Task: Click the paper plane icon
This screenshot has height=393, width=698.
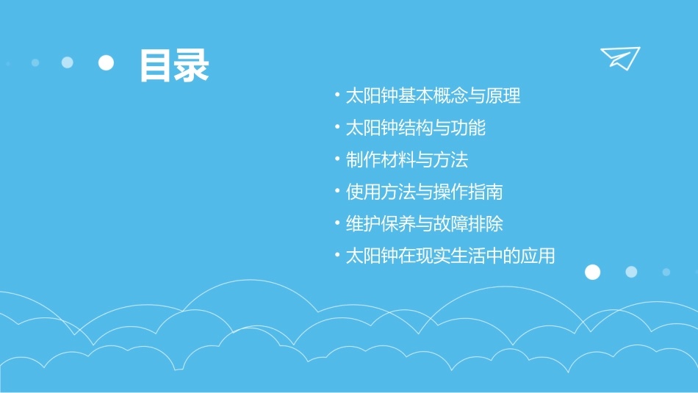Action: pyautogui.click(x=619, y=57)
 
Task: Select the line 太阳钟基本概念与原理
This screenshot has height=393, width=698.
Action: pyautogui.click(x=433, y=96)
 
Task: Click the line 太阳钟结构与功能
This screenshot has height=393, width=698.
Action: pyautogui.click(x=415, y=128)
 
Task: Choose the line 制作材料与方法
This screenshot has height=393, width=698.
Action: pyautogui.click(x=406, y=160)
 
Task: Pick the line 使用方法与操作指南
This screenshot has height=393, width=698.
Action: pyautogui.click(x=424, y=192)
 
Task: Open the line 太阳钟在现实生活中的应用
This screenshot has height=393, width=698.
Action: pyautogui.click(x=450, y=256)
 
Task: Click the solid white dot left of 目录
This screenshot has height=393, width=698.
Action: pyautogui.click(x=107, y=63)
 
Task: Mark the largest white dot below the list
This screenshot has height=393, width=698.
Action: pyautogui.click(x=592, y=272)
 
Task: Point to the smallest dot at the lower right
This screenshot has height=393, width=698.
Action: pyautogui.click(x=666, y=272)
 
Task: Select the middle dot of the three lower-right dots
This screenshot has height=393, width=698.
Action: pyautogui.click(x=631, y=272)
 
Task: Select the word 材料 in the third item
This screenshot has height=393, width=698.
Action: pyautogui.click(x=397, y=160)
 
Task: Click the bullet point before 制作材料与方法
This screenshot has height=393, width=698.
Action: pyautogui.click(x=337, y=158)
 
